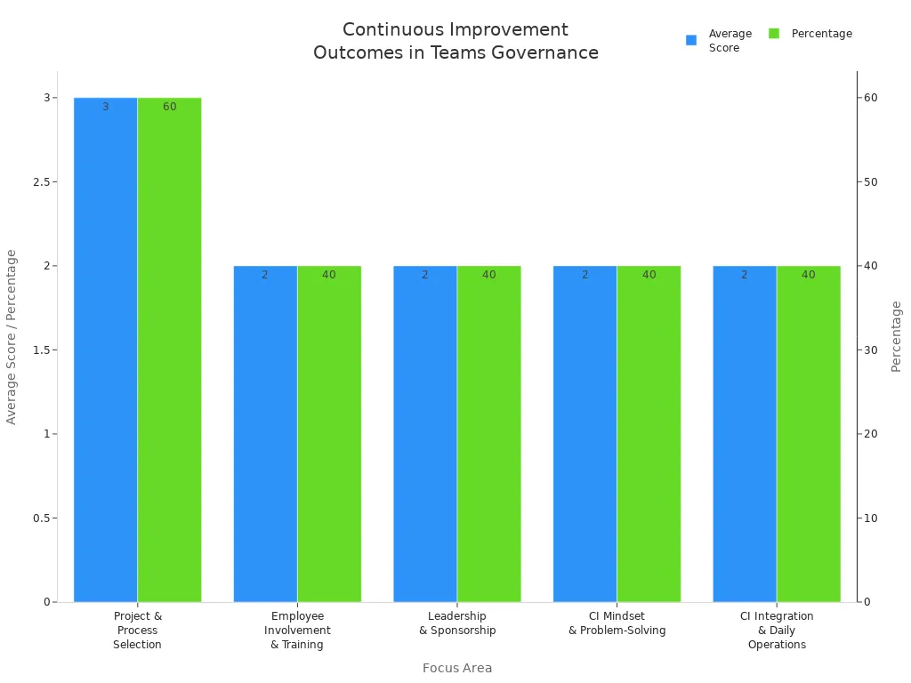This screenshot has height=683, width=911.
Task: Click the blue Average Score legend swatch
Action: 691,40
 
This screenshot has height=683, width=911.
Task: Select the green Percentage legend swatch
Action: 774,34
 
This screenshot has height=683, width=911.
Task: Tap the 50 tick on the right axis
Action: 870,182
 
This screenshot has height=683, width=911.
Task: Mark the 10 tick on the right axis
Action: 870,518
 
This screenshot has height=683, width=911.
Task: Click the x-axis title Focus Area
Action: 457,668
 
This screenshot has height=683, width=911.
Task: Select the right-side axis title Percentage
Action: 896,336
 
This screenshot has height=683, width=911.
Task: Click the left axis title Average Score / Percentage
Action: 12,336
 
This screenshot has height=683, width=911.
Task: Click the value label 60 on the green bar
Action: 169,107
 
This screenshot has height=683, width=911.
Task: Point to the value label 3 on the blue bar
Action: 105,107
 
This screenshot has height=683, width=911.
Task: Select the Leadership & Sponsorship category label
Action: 457,623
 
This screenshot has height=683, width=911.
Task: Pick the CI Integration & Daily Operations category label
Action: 777,630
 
